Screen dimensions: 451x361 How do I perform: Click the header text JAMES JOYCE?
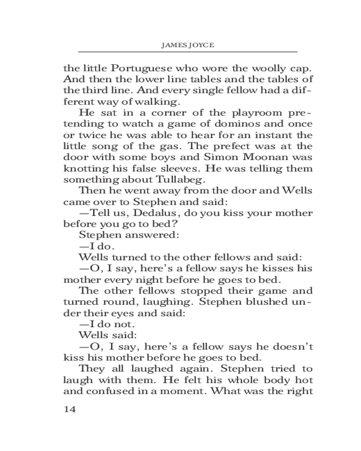(187, 46)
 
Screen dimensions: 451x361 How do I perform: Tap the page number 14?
(70, 410)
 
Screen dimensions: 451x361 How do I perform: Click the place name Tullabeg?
(152, 178)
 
